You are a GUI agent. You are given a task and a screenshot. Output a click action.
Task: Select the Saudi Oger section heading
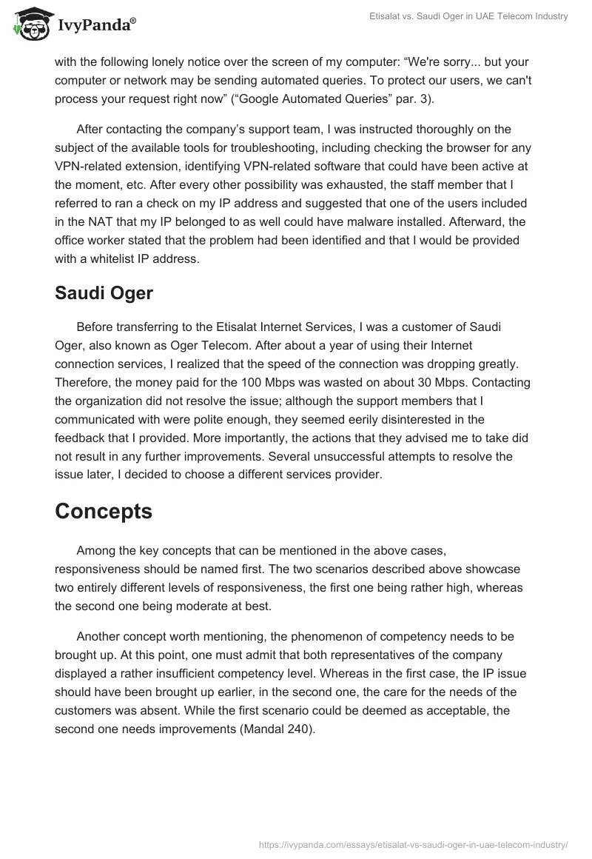click(x=104, y=293)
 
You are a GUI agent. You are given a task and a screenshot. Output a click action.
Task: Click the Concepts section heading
click(x=104, y=511)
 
